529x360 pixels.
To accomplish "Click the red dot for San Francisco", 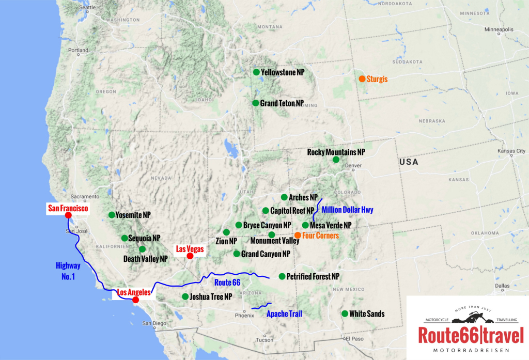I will [68, 215].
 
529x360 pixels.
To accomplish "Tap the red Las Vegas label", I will [190, 248].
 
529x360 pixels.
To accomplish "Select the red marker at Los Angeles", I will [135, 300].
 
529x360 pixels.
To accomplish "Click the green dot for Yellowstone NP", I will [256, 72].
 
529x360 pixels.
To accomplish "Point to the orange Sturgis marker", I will [362, 79].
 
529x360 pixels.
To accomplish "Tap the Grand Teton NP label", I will [282, 103].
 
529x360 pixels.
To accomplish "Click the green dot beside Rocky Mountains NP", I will [336, 160].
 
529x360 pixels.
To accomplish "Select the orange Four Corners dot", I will [298, 235].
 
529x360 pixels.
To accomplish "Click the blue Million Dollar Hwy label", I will [347, 210].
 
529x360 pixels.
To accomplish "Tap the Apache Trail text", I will [284, 314].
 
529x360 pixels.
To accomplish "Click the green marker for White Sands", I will [345, 314].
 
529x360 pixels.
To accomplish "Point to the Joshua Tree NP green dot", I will [185, 296].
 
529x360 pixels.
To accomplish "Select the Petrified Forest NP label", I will [313, 276].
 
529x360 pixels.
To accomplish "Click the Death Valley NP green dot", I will [142, 249].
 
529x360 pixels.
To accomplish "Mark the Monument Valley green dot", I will [272, 235].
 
